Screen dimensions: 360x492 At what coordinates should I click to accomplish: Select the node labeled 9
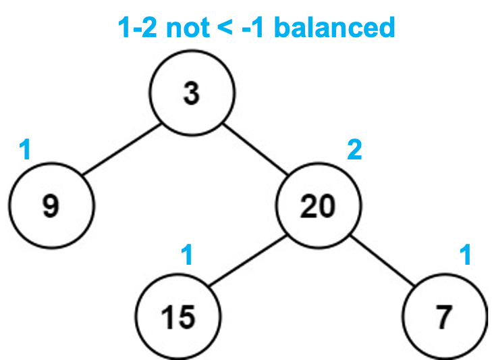click(51, 206)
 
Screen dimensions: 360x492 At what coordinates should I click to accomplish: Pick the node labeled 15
click(179, 317)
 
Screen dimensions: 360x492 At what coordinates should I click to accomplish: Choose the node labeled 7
click(443, 317)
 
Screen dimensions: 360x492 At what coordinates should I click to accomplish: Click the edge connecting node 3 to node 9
click(121, 150)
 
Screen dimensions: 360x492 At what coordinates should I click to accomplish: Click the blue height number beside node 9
click(26, 150)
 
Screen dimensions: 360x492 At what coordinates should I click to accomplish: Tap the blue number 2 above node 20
click(354, 150)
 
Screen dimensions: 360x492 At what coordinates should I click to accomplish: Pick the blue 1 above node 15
click(187, 255)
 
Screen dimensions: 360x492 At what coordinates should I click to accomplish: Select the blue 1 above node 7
click(464, 255)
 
